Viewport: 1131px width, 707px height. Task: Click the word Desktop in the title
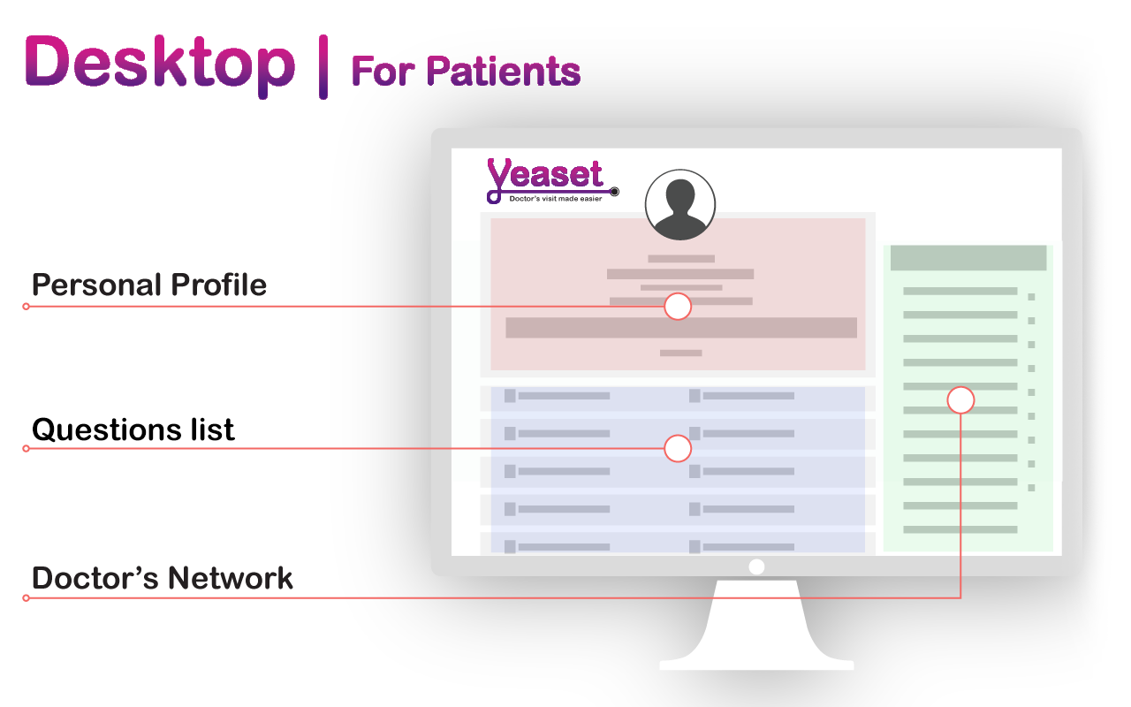[x=160, y=65]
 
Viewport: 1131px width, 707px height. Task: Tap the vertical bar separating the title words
[x=323, y=66]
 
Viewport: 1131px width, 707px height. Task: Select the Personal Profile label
[x=149, y=285]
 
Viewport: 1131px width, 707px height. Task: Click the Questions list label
[x=133, y=430]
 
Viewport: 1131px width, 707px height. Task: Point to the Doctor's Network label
[x=162, y=578]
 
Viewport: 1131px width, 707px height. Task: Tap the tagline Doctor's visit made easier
[x=556, y=199]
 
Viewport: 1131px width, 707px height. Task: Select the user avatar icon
[x=680, y=204]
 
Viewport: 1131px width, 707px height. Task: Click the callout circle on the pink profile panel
[x=678, y=307]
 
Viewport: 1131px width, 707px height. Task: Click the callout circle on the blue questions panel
[x=678, y=448]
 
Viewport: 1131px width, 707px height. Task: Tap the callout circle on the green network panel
[x=960, y=400]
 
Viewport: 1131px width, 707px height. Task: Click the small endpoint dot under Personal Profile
[x=27, y=307]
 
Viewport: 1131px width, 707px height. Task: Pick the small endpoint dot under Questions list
[x=27, y=448]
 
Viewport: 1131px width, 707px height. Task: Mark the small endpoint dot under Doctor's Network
[x=27, y=598]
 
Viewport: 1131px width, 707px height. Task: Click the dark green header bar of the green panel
[x=968, y=258]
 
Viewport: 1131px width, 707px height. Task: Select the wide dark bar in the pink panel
[x=681, y=328]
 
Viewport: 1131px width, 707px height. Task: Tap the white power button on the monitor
[x=756, y=566]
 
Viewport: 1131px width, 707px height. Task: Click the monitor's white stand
[x=756, y=627]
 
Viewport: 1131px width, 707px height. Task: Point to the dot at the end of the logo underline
[x=614, y=192]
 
